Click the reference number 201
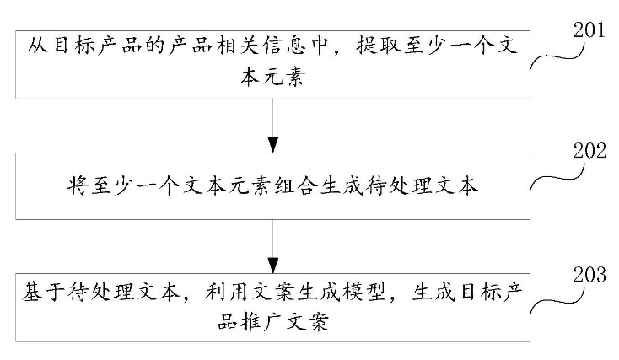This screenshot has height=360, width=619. [589, 30]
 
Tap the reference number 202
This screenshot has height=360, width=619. [589, 150]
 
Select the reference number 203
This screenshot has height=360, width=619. [589, 274]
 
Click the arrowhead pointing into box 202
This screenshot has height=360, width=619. [272, 144]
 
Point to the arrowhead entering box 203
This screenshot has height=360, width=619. [272, 266]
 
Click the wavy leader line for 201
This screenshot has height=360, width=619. [557, 56]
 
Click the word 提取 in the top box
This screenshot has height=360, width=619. [379, 46]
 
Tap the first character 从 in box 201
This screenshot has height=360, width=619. [38, 46]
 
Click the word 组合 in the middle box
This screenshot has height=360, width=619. [297, 185]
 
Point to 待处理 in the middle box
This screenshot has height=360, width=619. [388, 185]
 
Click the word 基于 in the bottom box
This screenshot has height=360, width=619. [43, 292]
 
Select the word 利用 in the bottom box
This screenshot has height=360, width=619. [227, 292]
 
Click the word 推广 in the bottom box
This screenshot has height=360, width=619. [262, 322]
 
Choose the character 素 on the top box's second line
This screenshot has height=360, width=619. [295, 76]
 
